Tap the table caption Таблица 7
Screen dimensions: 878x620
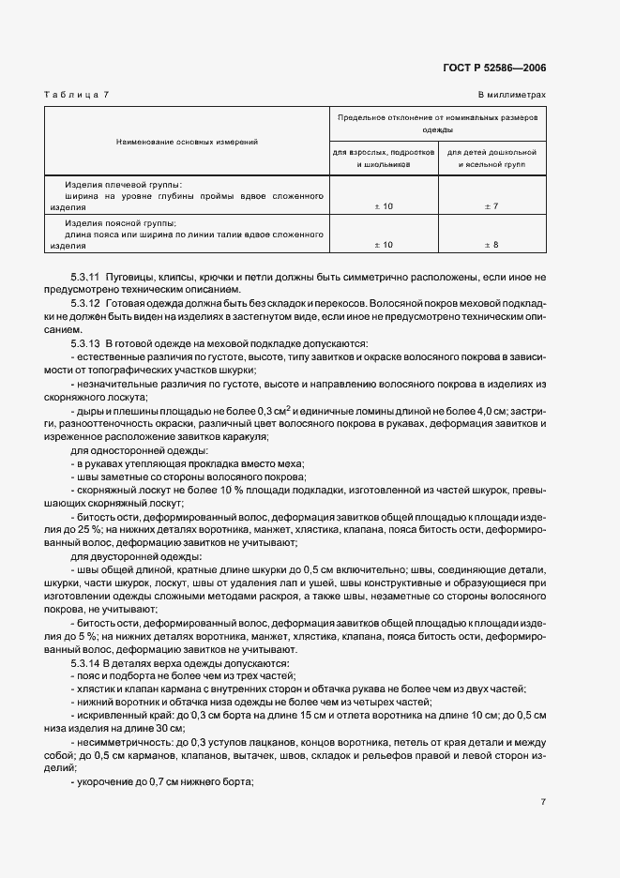[77, 95]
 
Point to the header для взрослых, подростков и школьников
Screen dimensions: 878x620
[384, 157]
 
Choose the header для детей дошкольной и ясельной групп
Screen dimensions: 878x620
[491, 157]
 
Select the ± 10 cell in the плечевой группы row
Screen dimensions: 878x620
[383, 204]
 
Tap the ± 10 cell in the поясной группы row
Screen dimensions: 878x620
[383, 244]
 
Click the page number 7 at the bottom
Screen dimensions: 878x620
[543, 801]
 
